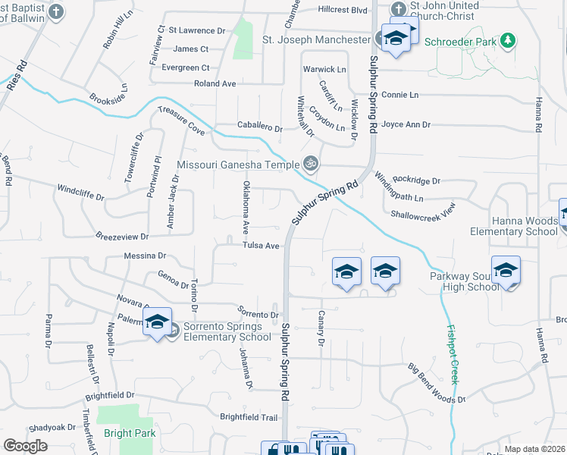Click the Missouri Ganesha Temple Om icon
pos(309,163)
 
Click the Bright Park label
pos(130,433)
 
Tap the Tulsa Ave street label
pos(262,246)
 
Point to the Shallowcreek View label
pos(423,210)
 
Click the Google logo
pos(26,446)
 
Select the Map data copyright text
pos(534,449)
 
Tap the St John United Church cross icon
pos(398,9)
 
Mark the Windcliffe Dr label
pos(80,190)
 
